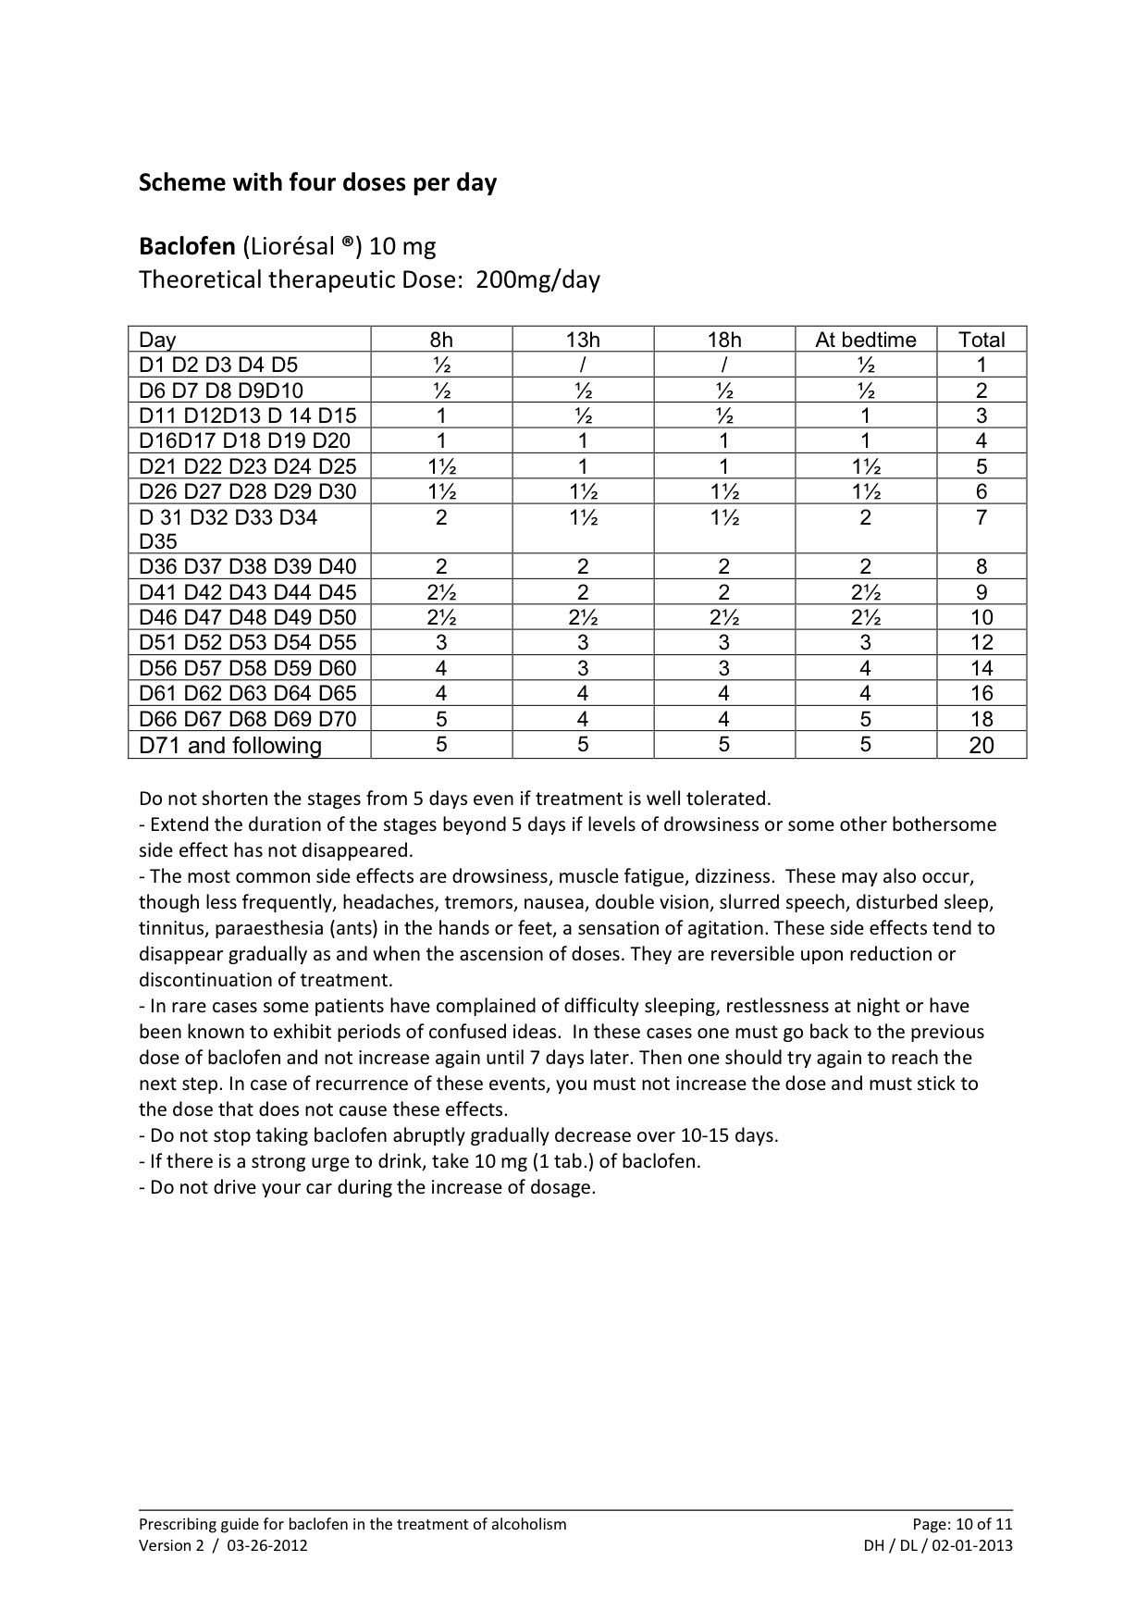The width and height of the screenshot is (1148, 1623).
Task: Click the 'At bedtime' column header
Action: [865, 340]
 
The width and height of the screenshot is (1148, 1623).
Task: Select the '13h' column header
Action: [583, 340]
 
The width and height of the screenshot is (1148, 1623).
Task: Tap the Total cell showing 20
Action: [981, 745]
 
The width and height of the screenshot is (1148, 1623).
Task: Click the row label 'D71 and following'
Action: [230, 746]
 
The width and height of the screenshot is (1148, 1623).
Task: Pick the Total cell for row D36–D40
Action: [981, 566]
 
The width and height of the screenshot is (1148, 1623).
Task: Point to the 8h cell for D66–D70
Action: [441, 719]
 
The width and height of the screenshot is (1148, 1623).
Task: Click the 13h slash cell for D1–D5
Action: [583, 365]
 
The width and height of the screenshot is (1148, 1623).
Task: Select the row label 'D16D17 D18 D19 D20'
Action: [245, 440]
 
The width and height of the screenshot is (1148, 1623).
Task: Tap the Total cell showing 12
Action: [981, 642]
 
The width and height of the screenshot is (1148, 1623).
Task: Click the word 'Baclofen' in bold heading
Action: [187, 247]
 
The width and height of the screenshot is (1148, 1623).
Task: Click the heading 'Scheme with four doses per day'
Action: [317, 182]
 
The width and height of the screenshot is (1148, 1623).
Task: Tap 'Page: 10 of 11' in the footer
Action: [962, 1524]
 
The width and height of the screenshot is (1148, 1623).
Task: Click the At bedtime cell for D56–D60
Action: [865, 668]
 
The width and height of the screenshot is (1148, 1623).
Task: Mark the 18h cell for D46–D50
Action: [723, 617]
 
